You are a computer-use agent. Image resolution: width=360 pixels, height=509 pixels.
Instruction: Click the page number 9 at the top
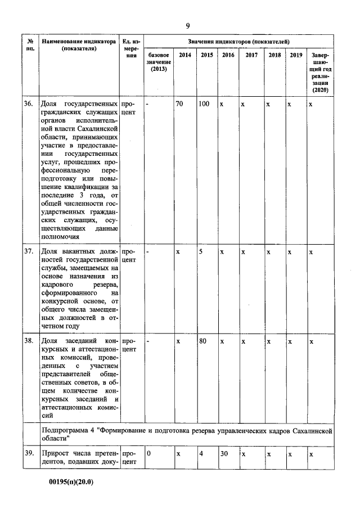[188, 26]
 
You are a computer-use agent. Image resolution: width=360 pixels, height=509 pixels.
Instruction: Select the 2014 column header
[184, 55]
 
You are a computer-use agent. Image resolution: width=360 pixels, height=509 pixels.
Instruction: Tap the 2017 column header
[251, 55]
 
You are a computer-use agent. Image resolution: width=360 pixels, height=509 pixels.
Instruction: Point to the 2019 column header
[296, 55]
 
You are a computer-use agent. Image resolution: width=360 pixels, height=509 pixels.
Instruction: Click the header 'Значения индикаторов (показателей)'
[238, 42]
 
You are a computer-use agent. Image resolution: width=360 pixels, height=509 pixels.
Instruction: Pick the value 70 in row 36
[180, 105]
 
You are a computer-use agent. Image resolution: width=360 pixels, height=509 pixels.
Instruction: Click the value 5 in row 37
[201, 251]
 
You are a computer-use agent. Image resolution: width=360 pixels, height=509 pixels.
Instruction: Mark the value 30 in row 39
[224, 453]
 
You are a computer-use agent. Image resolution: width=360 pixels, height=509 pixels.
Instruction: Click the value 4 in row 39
[201, 453]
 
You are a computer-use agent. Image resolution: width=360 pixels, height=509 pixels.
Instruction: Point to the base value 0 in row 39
[148, 453]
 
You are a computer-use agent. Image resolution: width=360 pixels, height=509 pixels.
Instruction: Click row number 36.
[28, 105]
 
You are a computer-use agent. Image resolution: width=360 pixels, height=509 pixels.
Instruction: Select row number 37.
[28, 251]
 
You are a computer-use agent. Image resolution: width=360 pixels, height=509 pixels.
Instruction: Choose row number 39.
[28, 453]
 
